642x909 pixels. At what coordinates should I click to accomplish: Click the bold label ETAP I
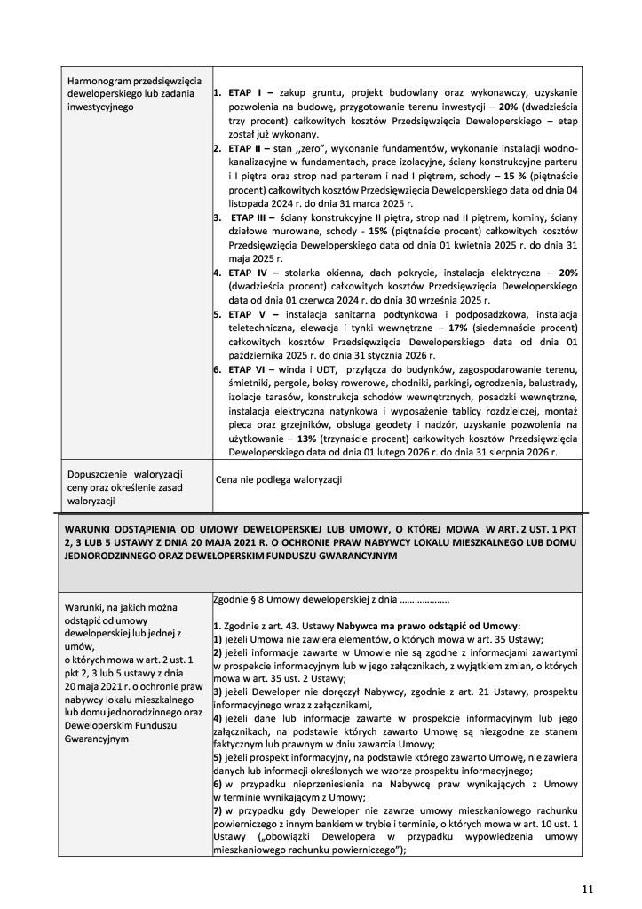245,92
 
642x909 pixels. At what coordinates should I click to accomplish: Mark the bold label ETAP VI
249,369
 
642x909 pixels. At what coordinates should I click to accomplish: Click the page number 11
588,888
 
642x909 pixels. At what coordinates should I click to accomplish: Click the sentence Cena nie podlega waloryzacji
279,480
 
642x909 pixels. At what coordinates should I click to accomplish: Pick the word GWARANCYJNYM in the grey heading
349,556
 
